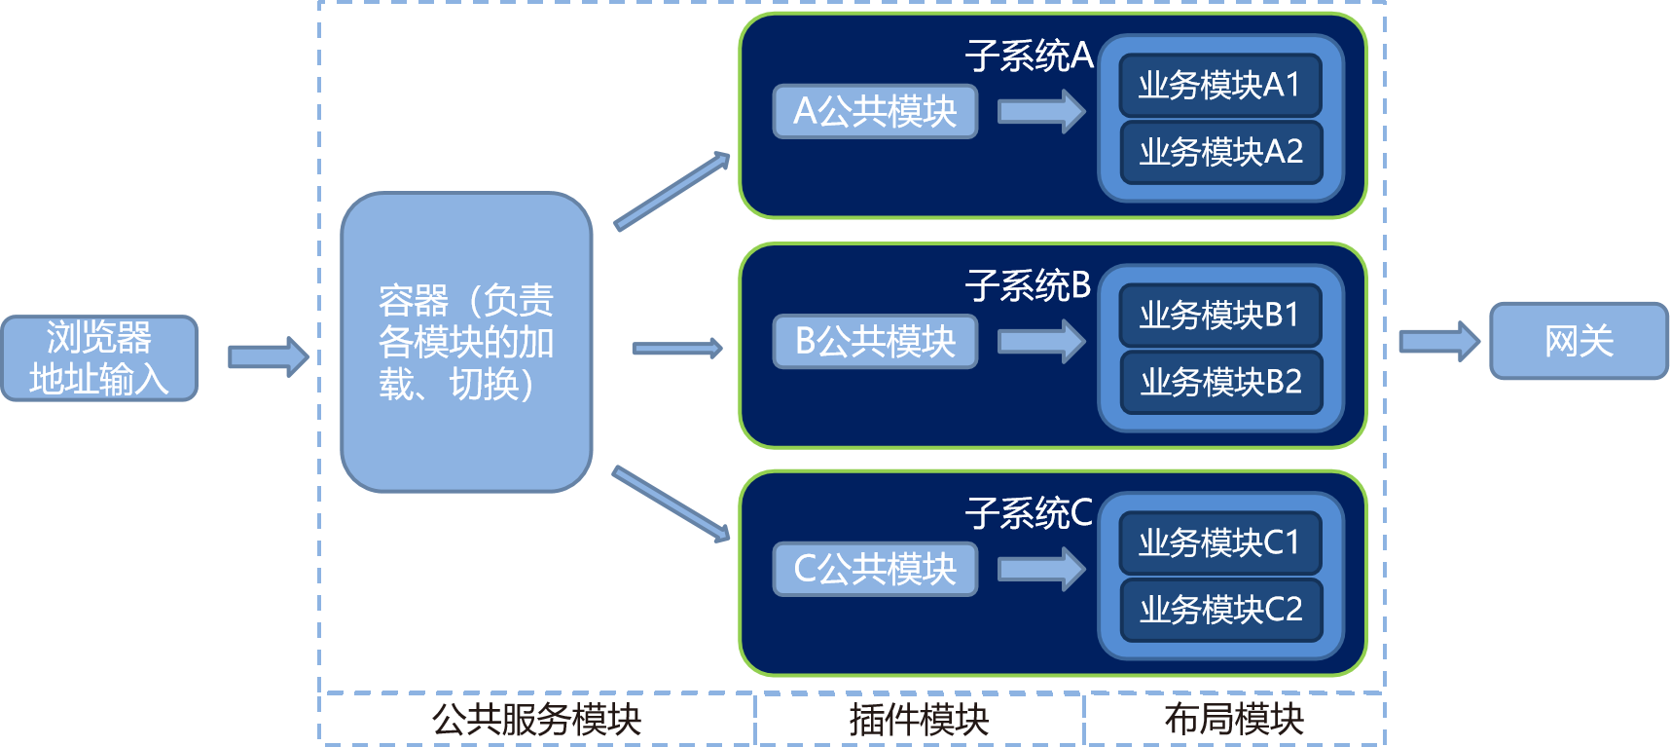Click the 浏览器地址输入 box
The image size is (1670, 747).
(x=99, y=357)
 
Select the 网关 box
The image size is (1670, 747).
(x=1579, y=341)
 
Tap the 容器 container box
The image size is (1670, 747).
(x=466, y=342)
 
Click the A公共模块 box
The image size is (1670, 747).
(x=875, y=111)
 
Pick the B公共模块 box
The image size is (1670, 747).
(x=875, y=341)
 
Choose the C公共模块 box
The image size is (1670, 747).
(x=875, y=569)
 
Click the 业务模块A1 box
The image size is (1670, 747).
(x=1220, y=85)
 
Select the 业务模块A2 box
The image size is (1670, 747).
(x=1221, y=152)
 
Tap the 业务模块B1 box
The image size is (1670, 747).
(x=1220, y=315)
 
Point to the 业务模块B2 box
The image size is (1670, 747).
(x=1221, y=382)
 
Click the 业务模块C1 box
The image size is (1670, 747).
(x=1220, y=542)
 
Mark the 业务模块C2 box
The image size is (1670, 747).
(x=1221, y=610)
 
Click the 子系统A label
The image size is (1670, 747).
(x=1029, y=56)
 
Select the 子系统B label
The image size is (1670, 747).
(x=1028, y=285)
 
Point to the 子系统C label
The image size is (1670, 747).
(x=1029, y=513)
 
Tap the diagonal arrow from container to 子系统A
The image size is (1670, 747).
(x=672, y=191)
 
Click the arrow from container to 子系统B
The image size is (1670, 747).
(x=677, y=348)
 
